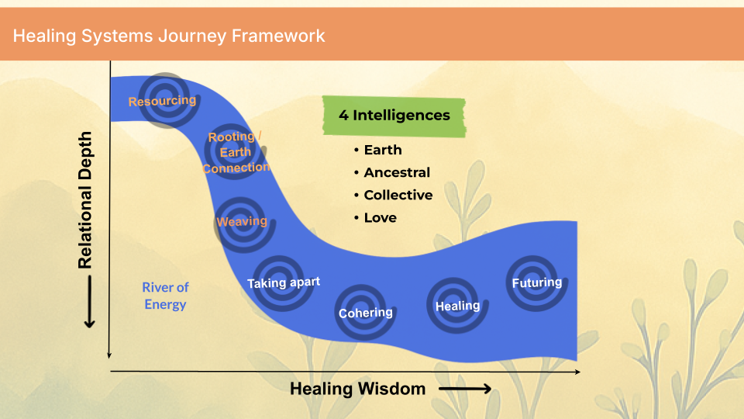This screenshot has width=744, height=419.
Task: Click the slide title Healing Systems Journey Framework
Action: pos(168,36)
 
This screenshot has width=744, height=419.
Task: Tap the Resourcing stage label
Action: pos(162,101)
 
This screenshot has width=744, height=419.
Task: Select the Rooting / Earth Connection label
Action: pos(236,152)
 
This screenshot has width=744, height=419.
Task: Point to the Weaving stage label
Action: pos(242,221)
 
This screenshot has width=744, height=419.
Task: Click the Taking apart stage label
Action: pos(284,282)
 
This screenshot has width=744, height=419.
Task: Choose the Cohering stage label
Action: pos(366,313)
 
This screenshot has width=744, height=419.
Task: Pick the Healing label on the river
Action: pos(457,305)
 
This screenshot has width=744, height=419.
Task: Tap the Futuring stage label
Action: pos(537,282)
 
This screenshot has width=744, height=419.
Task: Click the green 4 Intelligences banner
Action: pos(394,116)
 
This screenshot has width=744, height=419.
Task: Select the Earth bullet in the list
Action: pos(383,150)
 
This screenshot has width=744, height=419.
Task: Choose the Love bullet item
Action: pos(380,218)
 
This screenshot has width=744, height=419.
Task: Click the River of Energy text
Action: pos(165,296)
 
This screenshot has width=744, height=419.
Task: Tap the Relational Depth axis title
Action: pos(85,200)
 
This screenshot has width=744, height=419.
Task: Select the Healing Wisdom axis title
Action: pos(357,389)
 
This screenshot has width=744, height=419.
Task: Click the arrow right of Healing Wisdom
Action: pos(465,389)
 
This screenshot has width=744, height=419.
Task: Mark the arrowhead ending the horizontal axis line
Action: pos(577,372)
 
